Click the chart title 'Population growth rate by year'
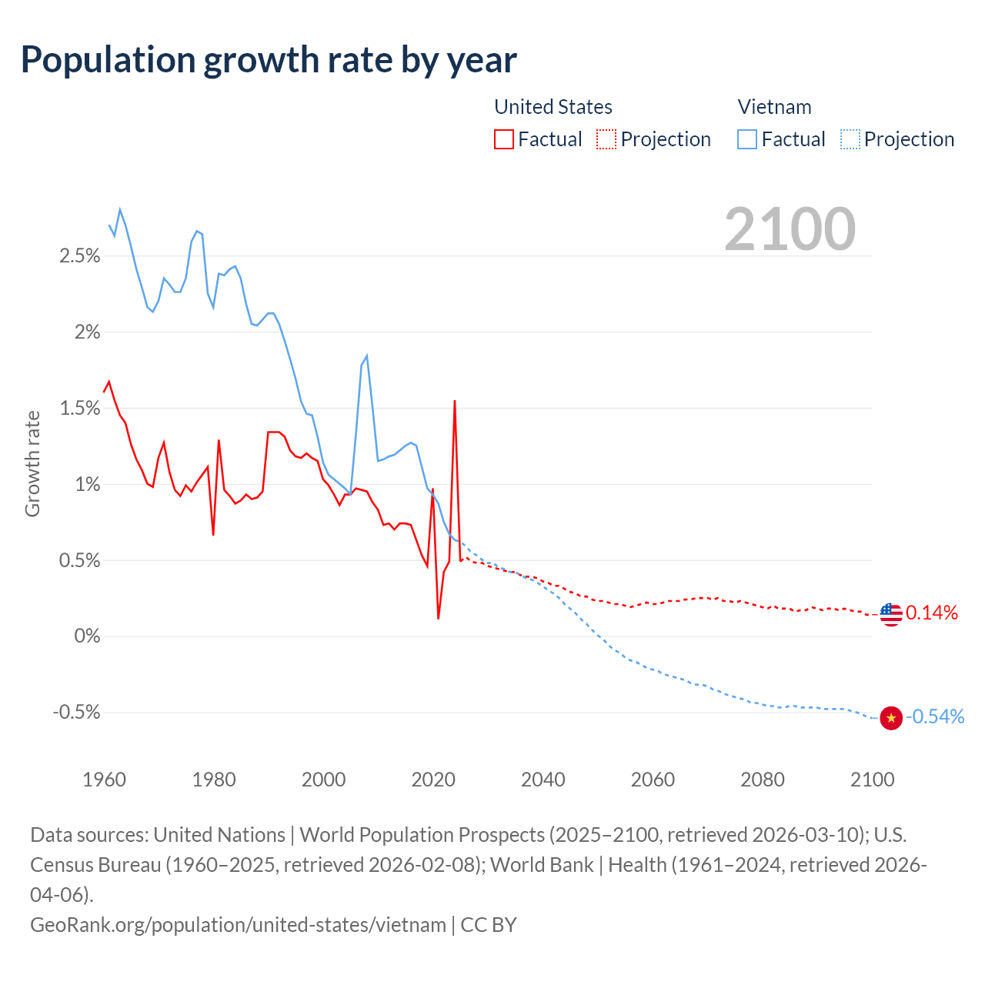[269, 60]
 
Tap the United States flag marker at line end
[891, 614]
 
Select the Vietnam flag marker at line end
[891, 718]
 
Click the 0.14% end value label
[932, 613]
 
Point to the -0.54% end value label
[935, 716]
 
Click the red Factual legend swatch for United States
[504, 139]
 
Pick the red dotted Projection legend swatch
[606, 139]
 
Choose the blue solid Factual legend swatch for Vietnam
[747, 139]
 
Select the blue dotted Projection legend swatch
[850, 139]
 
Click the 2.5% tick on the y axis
[80, 255]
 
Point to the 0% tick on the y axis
[87, 636]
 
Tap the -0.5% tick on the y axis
[77, 713]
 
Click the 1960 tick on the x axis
[104, 780]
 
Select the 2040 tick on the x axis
[543, 780]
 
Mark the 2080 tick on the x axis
[763, 780]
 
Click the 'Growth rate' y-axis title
[32, 464]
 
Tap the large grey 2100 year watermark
[790, 229]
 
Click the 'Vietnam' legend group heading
[774, 107]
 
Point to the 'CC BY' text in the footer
[489, 924]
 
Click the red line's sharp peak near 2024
[455, 402]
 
